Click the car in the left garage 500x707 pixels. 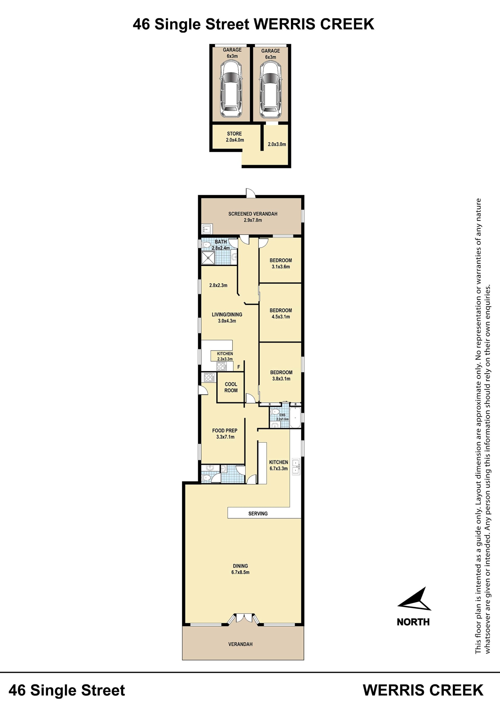(x=231, y=89)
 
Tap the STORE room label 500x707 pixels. (x=234, y=134)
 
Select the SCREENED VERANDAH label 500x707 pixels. (x=253, y=214)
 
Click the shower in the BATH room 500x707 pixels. (x=208, y=258)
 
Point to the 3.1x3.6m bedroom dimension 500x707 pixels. (x=281, y=267)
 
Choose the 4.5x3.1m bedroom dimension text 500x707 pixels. (x=281, y=317)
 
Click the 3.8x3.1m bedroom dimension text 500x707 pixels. (x=281, y=379)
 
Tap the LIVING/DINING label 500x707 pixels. (x=227, y=314)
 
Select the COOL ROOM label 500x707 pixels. (x=231, y=387)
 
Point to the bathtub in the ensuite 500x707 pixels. (x=295, y=417)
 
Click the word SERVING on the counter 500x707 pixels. (x=258, y=513)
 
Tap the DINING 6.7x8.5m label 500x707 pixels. (x=240, y=569)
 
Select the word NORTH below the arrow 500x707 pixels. (x=413, y=622)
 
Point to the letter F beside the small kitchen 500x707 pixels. (x=239, y=367)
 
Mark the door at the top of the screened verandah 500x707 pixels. (x=251, y=193)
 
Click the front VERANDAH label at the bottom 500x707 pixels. (x=240, y=644)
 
